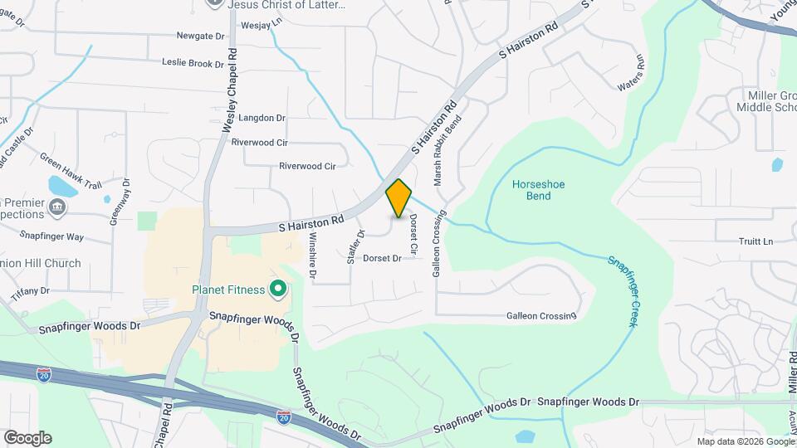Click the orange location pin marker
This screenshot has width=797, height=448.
(x=399, y=197)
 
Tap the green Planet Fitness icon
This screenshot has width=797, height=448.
(x=278, y=290)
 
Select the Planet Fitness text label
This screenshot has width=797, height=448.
(x=228, y=290)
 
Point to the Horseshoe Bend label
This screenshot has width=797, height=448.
(x=531, y=190)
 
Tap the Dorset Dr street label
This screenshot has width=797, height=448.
(x=382, y=259)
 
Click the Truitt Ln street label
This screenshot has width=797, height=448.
(x=755, y=241)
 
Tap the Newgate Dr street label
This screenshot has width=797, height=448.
(x=200, y=37)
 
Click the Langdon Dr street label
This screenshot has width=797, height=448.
(x=262, y=119)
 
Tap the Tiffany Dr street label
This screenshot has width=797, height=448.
(x=31, y=292)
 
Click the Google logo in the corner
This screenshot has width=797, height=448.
(x=27, y=438)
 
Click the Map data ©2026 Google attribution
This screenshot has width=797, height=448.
(x=745, y=441)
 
